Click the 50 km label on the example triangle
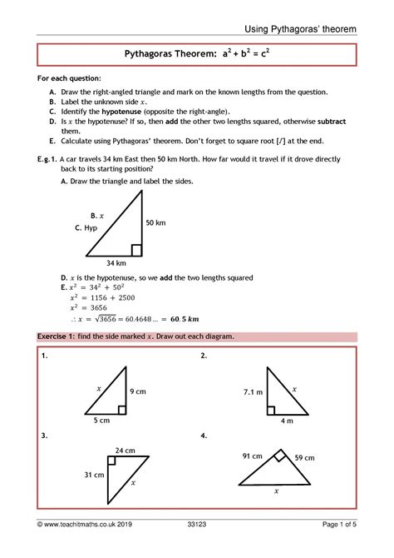pyautogui.click(x=156, y=223)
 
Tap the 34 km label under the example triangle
pyautogui.click(x=116, y=263)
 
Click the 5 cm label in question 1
pyautogui.click(x=102, y=421)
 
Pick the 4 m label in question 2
pyautogui.click(x=287, y=421)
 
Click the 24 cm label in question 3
pyautogui.click(x=125, y=451)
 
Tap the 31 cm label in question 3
pyautogui.click(x=94, y=475)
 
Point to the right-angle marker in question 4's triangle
pyautogui.click(x=280, y=456)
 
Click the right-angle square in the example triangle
pyautogui.click(x=136, y=249)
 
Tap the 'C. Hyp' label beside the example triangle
pyautogui.click(x=86, y=227)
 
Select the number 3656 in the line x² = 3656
pyautogui.click(x=95, y=307)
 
